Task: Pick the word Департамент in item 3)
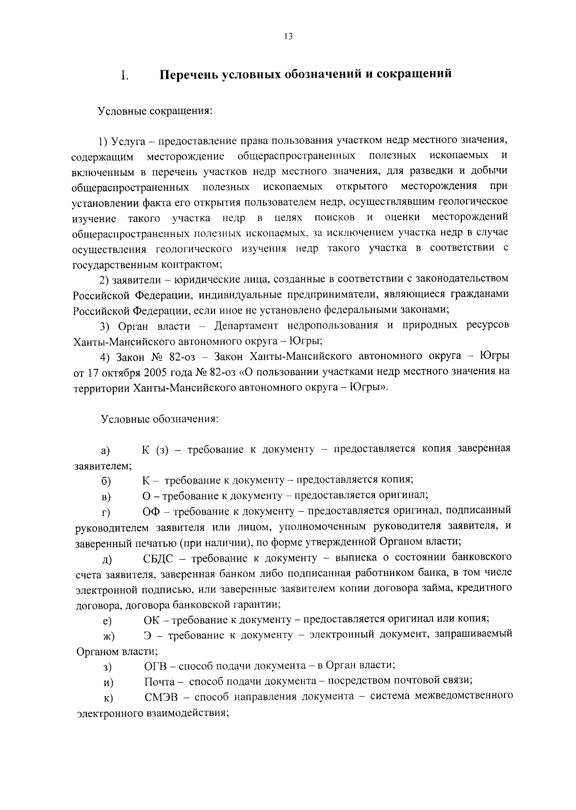click(x=246, y=325)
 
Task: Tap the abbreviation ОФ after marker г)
click(x=152, y=510)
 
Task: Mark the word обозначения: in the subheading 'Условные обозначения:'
click(x=185, y=418)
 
